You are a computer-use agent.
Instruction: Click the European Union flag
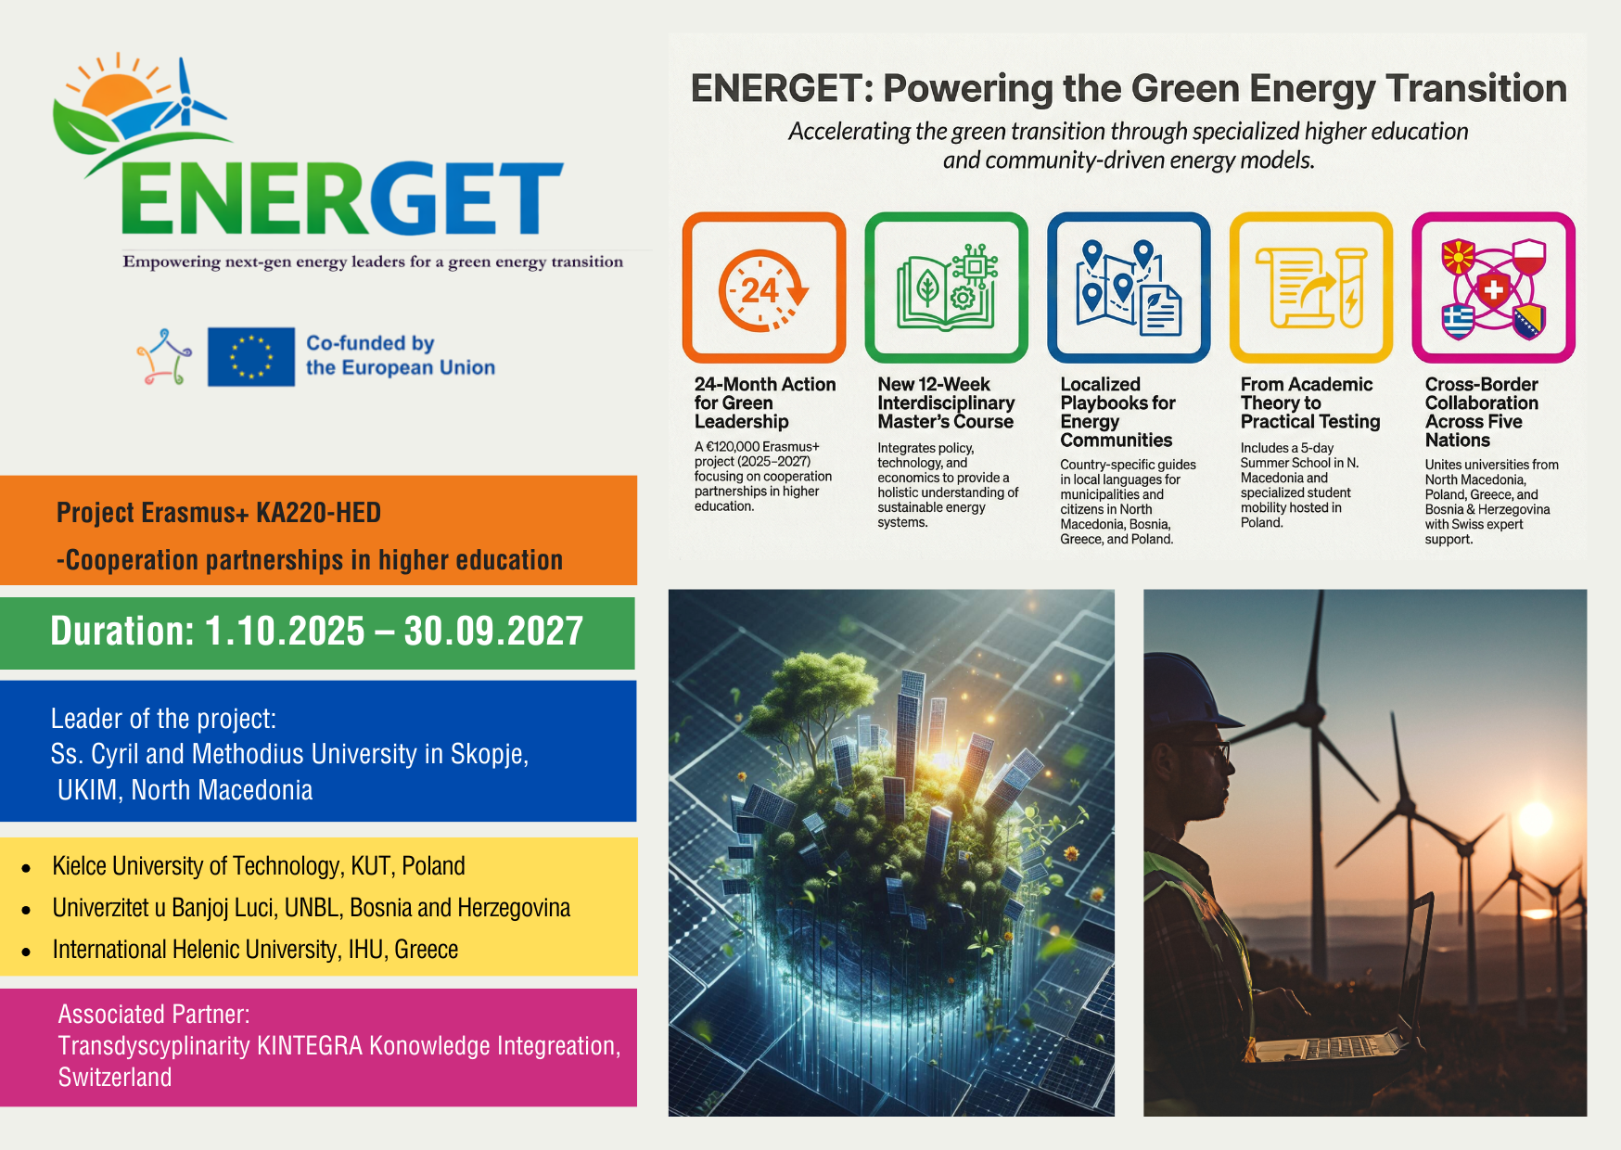(x=251, y=357)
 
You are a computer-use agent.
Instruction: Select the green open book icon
(x=947, y=287)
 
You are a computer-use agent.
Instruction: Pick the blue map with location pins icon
(x=1129, y=287)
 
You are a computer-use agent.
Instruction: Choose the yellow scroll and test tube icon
(x=1311, y=287)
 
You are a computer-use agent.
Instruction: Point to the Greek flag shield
(x=1458, y=322)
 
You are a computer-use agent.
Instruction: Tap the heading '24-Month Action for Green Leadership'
(x=765, y=403)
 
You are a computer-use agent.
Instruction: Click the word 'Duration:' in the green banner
(x=122, y=632)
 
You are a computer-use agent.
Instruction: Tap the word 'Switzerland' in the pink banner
(x=115, y=1078)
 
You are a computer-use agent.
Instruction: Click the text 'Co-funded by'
(x=370, y=343)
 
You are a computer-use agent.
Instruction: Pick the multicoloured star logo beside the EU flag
(x=165, y=357)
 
